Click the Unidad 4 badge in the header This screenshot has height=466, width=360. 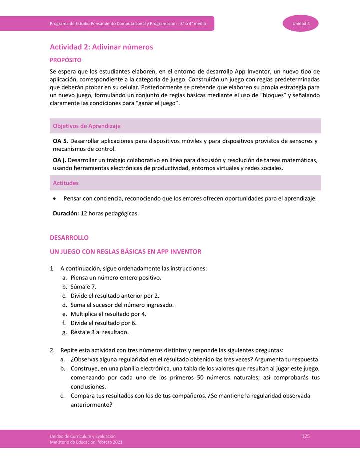pyautogui.click(x=301, y=24)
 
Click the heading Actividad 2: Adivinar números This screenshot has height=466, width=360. pyautogui.click(x=101, y=47)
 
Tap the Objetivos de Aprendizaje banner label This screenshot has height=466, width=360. pyautogui.click(x=86, y=126)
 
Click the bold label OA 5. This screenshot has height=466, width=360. pyautogui.click(x=60, y=141)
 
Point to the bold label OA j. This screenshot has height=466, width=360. pyautogui.click(x=59, y=160)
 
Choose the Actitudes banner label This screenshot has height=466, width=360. pyautogui.click(x=66, y=183)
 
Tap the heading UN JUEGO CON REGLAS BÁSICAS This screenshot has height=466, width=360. pyautogui.click(x=125, y=251)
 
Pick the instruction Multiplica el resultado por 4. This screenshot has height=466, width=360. pyautogui.click(x=108, y=314)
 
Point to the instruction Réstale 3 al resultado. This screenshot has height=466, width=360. pyautogui.click(x=100, y=332)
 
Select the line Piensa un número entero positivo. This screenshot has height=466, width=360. pyautogui.click(x=116, y=278)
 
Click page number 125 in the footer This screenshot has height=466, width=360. pyautogui.click(x=306, y=436)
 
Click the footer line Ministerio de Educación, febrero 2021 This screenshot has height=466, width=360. pyautogui.click(x=85, y=442)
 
